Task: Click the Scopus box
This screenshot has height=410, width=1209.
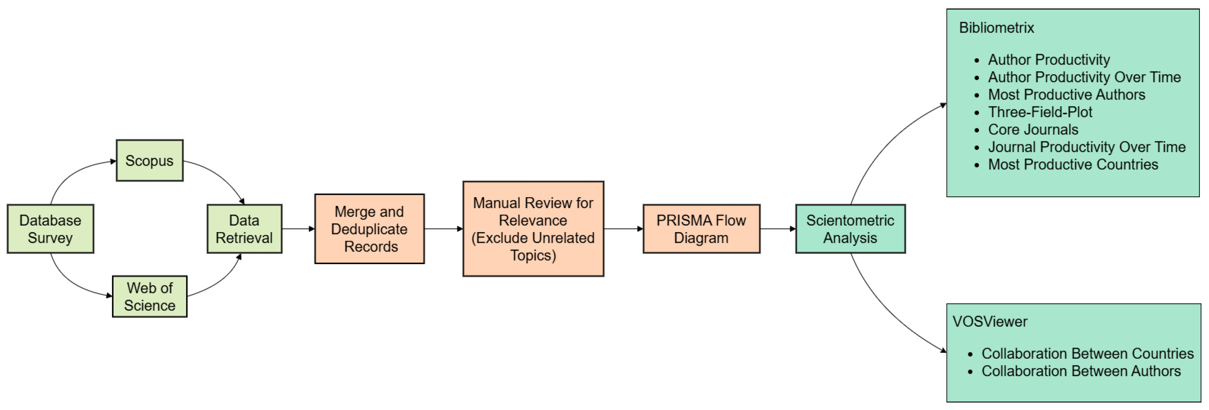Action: [149, 161]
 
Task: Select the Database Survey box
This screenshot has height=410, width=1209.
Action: [50, 229]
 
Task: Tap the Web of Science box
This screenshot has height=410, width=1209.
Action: [150, 296]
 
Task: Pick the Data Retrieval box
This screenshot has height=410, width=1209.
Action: [244, 229]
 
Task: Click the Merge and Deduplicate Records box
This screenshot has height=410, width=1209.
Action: [369, 229]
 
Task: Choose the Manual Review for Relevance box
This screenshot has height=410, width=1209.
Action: [533, 229]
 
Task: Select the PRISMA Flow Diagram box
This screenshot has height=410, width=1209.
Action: [701, 229]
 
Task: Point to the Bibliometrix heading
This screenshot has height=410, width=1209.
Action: [996, 28]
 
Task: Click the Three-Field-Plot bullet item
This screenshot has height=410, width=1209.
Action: [1040, 112]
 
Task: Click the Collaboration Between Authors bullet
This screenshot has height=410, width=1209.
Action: [1080, 371]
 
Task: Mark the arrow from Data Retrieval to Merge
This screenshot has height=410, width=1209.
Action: [298, 229]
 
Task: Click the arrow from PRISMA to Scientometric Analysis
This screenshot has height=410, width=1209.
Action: [777, 229]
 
